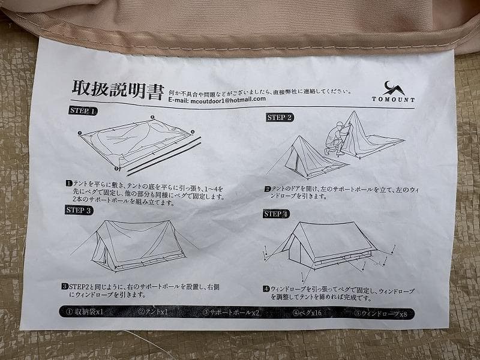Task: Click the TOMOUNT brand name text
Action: click(392, 100)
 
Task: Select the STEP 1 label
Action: click(84, 111)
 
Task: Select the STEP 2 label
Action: click(280, 118)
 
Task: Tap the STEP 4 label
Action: click(276, 214)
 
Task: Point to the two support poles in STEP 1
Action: click(162, 153)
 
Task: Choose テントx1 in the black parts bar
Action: click(154, 311)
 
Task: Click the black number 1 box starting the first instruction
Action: click(70, 182)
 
